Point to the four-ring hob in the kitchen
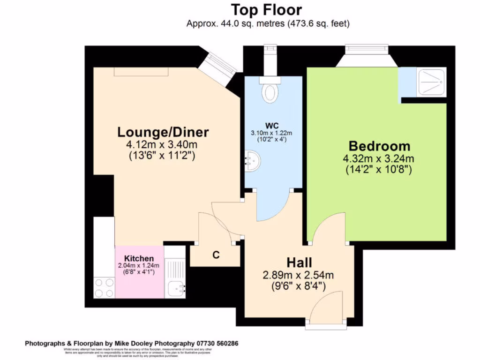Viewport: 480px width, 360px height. [104, 287]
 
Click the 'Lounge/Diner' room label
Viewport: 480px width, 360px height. [163, 132]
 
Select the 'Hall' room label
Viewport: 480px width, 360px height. [300, 263]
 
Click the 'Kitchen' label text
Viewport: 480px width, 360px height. [139, 259]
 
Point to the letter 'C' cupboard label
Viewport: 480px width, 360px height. [216, 255]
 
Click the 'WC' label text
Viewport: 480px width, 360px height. [272, 126]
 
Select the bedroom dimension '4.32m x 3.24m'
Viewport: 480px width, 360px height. [379, 158]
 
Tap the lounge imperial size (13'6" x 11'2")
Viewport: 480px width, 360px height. [162, 156]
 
